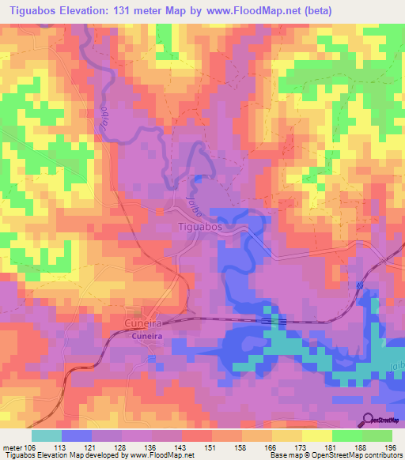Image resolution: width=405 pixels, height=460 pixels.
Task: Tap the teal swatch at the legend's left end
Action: [x=46, y=435]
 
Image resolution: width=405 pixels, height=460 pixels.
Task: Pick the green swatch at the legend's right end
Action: [x=377, y=435]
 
